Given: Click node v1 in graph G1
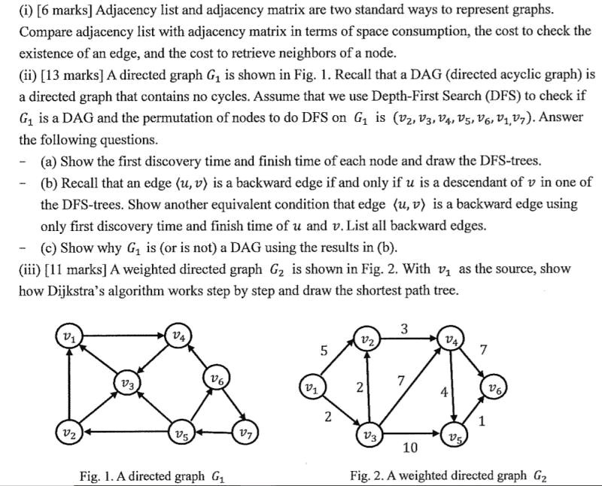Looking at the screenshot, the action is (x=69, y=337).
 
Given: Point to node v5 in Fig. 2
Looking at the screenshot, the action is (x=455, y=435).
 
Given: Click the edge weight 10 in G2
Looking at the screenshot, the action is (x=410, y=448).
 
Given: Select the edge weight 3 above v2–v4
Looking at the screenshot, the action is (x=404, y=329).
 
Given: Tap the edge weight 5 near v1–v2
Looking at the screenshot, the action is (x=324, y=351).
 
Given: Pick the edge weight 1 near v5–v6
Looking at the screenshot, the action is (x=482, y=421).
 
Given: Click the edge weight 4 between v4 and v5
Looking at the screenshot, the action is (x=444, y=392).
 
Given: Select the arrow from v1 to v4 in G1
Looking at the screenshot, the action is (x=123, y=336).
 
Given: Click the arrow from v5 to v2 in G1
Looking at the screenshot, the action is (x=127, y=432).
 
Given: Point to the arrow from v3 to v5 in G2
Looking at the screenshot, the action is (x=412, y=434).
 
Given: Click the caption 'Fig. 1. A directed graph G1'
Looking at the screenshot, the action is (x=152, y=476).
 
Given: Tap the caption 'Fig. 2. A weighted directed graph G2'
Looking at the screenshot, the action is (x=448, y=475).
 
